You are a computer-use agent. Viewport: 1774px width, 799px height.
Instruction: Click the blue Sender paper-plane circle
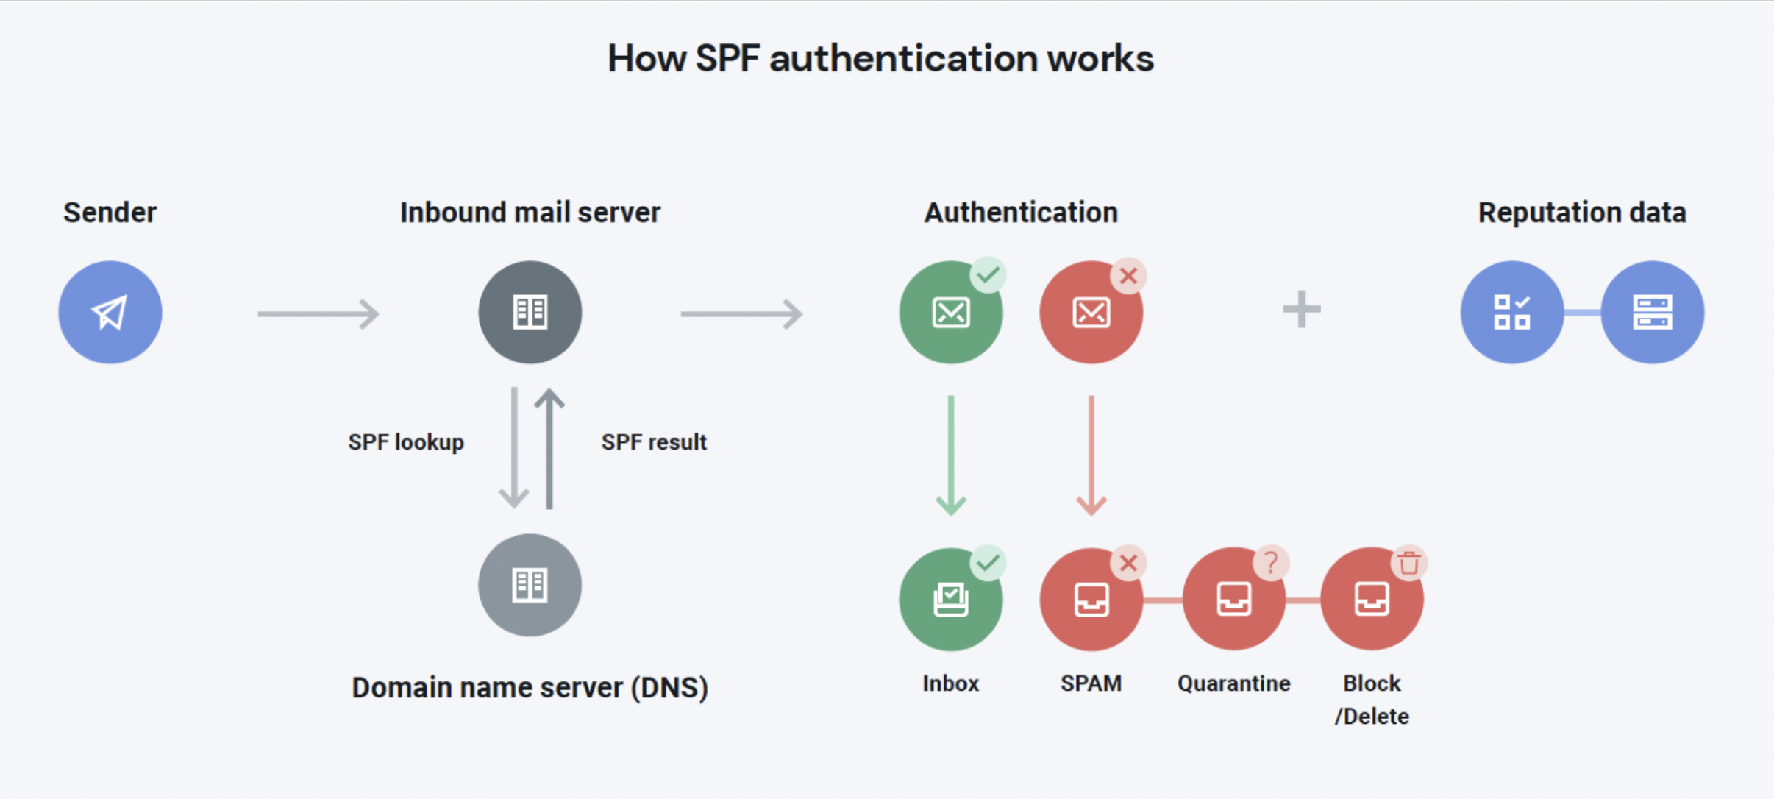[x=110, y=312]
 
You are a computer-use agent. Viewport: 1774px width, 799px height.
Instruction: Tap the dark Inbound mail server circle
[x=530, y=312]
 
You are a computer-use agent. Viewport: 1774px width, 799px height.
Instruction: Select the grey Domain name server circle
[x=530, y=585]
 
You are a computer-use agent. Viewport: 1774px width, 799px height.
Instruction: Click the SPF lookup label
[x=406, y=442]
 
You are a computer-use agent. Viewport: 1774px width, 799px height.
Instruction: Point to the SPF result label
[x=654, y=442]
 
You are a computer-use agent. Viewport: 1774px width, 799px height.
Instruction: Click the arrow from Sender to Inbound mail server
[x=318, y=314]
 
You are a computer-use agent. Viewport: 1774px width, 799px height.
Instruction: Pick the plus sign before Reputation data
[x=1301, y=309]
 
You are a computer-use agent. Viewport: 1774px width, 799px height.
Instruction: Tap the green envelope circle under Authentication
[x=950, y=313]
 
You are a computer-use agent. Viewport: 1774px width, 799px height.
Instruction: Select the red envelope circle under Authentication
[x=1091, y=313]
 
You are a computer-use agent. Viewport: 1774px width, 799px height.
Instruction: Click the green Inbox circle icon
[x=950, y=600]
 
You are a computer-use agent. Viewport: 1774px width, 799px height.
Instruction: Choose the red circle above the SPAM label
[x=1091, y=600]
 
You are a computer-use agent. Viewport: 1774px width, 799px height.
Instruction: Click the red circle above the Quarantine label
[x=1233, y=600]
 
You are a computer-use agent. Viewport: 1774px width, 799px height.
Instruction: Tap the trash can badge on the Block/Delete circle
[x=1408, y=564]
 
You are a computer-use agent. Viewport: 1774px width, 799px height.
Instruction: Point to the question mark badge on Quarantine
[x=1270, y=564]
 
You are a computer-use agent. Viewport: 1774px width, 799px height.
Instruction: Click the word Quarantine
[x=1233, y=683]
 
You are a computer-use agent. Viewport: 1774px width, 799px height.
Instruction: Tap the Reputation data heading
[x=1581, y=213]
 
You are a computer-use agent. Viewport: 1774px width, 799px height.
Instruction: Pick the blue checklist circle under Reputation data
[x=1511, y=312]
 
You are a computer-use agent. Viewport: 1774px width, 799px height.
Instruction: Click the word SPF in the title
[x=727, y=59]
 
